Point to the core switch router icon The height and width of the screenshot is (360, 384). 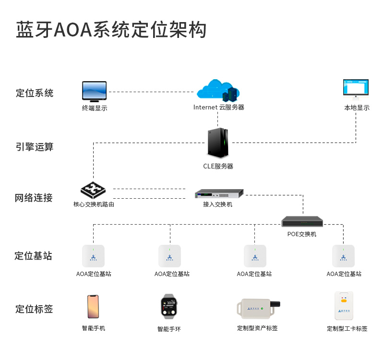(x=93, y=191)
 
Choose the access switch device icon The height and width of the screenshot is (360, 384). (x=219, y=193)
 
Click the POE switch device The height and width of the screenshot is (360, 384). (x=302, y=222)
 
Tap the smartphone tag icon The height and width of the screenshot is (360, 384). (x=93, y=306)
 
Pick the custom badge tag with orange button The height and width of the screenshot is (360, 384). (x=344, y=305)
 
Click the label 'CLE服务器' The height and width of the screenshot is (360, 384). (x=218, y=167)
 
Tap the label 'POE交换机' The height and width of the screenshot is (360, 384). (x=302, y=234)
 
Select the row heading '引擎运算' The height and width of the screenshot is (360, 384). (x=35, y=147)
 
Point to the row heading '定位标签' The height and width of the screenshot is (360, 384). (x=34, y=309)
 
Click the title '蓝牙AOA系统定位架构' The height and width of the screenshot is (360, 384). (x=111, y=30)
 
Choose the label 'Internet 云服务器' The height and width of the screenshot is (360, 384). (x=219, y=108)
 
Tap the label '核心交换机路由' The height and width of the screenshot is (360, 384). (x=94, y=204)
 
